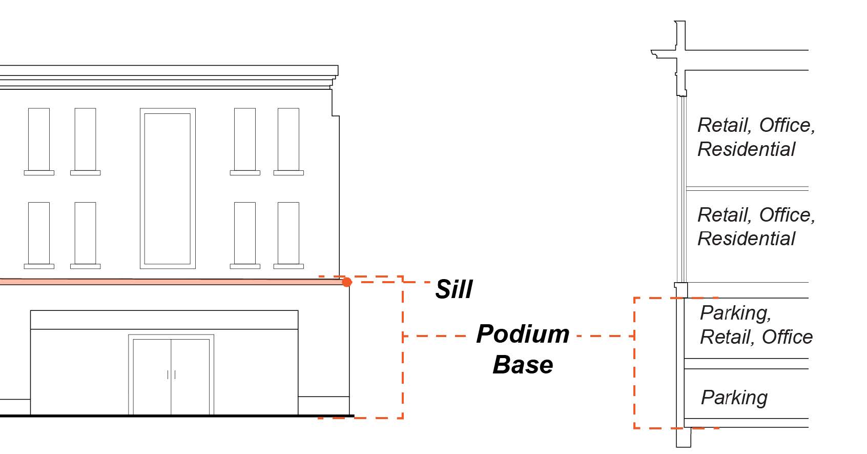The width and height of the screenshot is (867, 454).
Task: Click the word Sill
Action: click(x=453, y=289)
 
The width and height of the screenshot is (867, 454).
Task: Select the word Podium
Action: click(x=522, y=334)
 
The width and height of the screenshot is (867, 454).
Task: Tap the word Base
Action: click(x=523, y=365)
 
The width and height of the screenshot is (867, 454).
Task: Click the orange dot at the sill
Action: click(x=347, y=282)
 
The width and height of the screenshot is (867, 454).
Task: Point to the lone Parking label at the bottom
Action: click(x=734, y=398)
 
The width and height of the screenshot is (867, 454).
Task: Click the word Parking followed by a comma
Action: click(x=735, y=313)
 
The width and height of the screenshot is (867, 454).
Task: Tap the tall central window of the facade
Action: click(x=168, y=188)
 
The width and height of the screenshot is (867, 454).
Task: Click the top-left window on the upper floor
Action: click(x=39, y=140)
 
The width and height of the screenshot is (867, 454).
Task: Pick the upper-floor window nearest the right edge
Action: click(x=288, y=140)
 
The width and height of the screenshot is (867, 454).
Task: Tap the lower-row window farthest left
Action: click(x=39, y=233)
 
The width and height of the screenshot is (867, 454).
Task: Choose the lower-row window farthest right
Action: click(x=288, y=233)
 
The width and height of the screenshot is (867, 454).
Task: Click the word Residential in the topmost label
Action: click(x=746, y=149)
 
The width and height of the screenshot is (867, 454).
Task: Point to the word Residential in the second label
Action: click(x=746, y=239)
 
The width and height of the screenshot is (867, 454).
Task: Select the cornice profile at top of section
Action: click(x=666, y=53)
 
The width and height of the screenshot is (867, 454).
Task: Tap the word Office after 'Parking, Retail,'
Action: click(x=787, y=337)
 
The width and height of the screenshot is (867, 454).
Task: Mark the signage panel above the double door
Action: click(x=164, y=320)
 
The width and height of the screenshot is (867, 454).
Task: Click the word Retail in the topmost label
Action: click(x=724, y=125)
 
